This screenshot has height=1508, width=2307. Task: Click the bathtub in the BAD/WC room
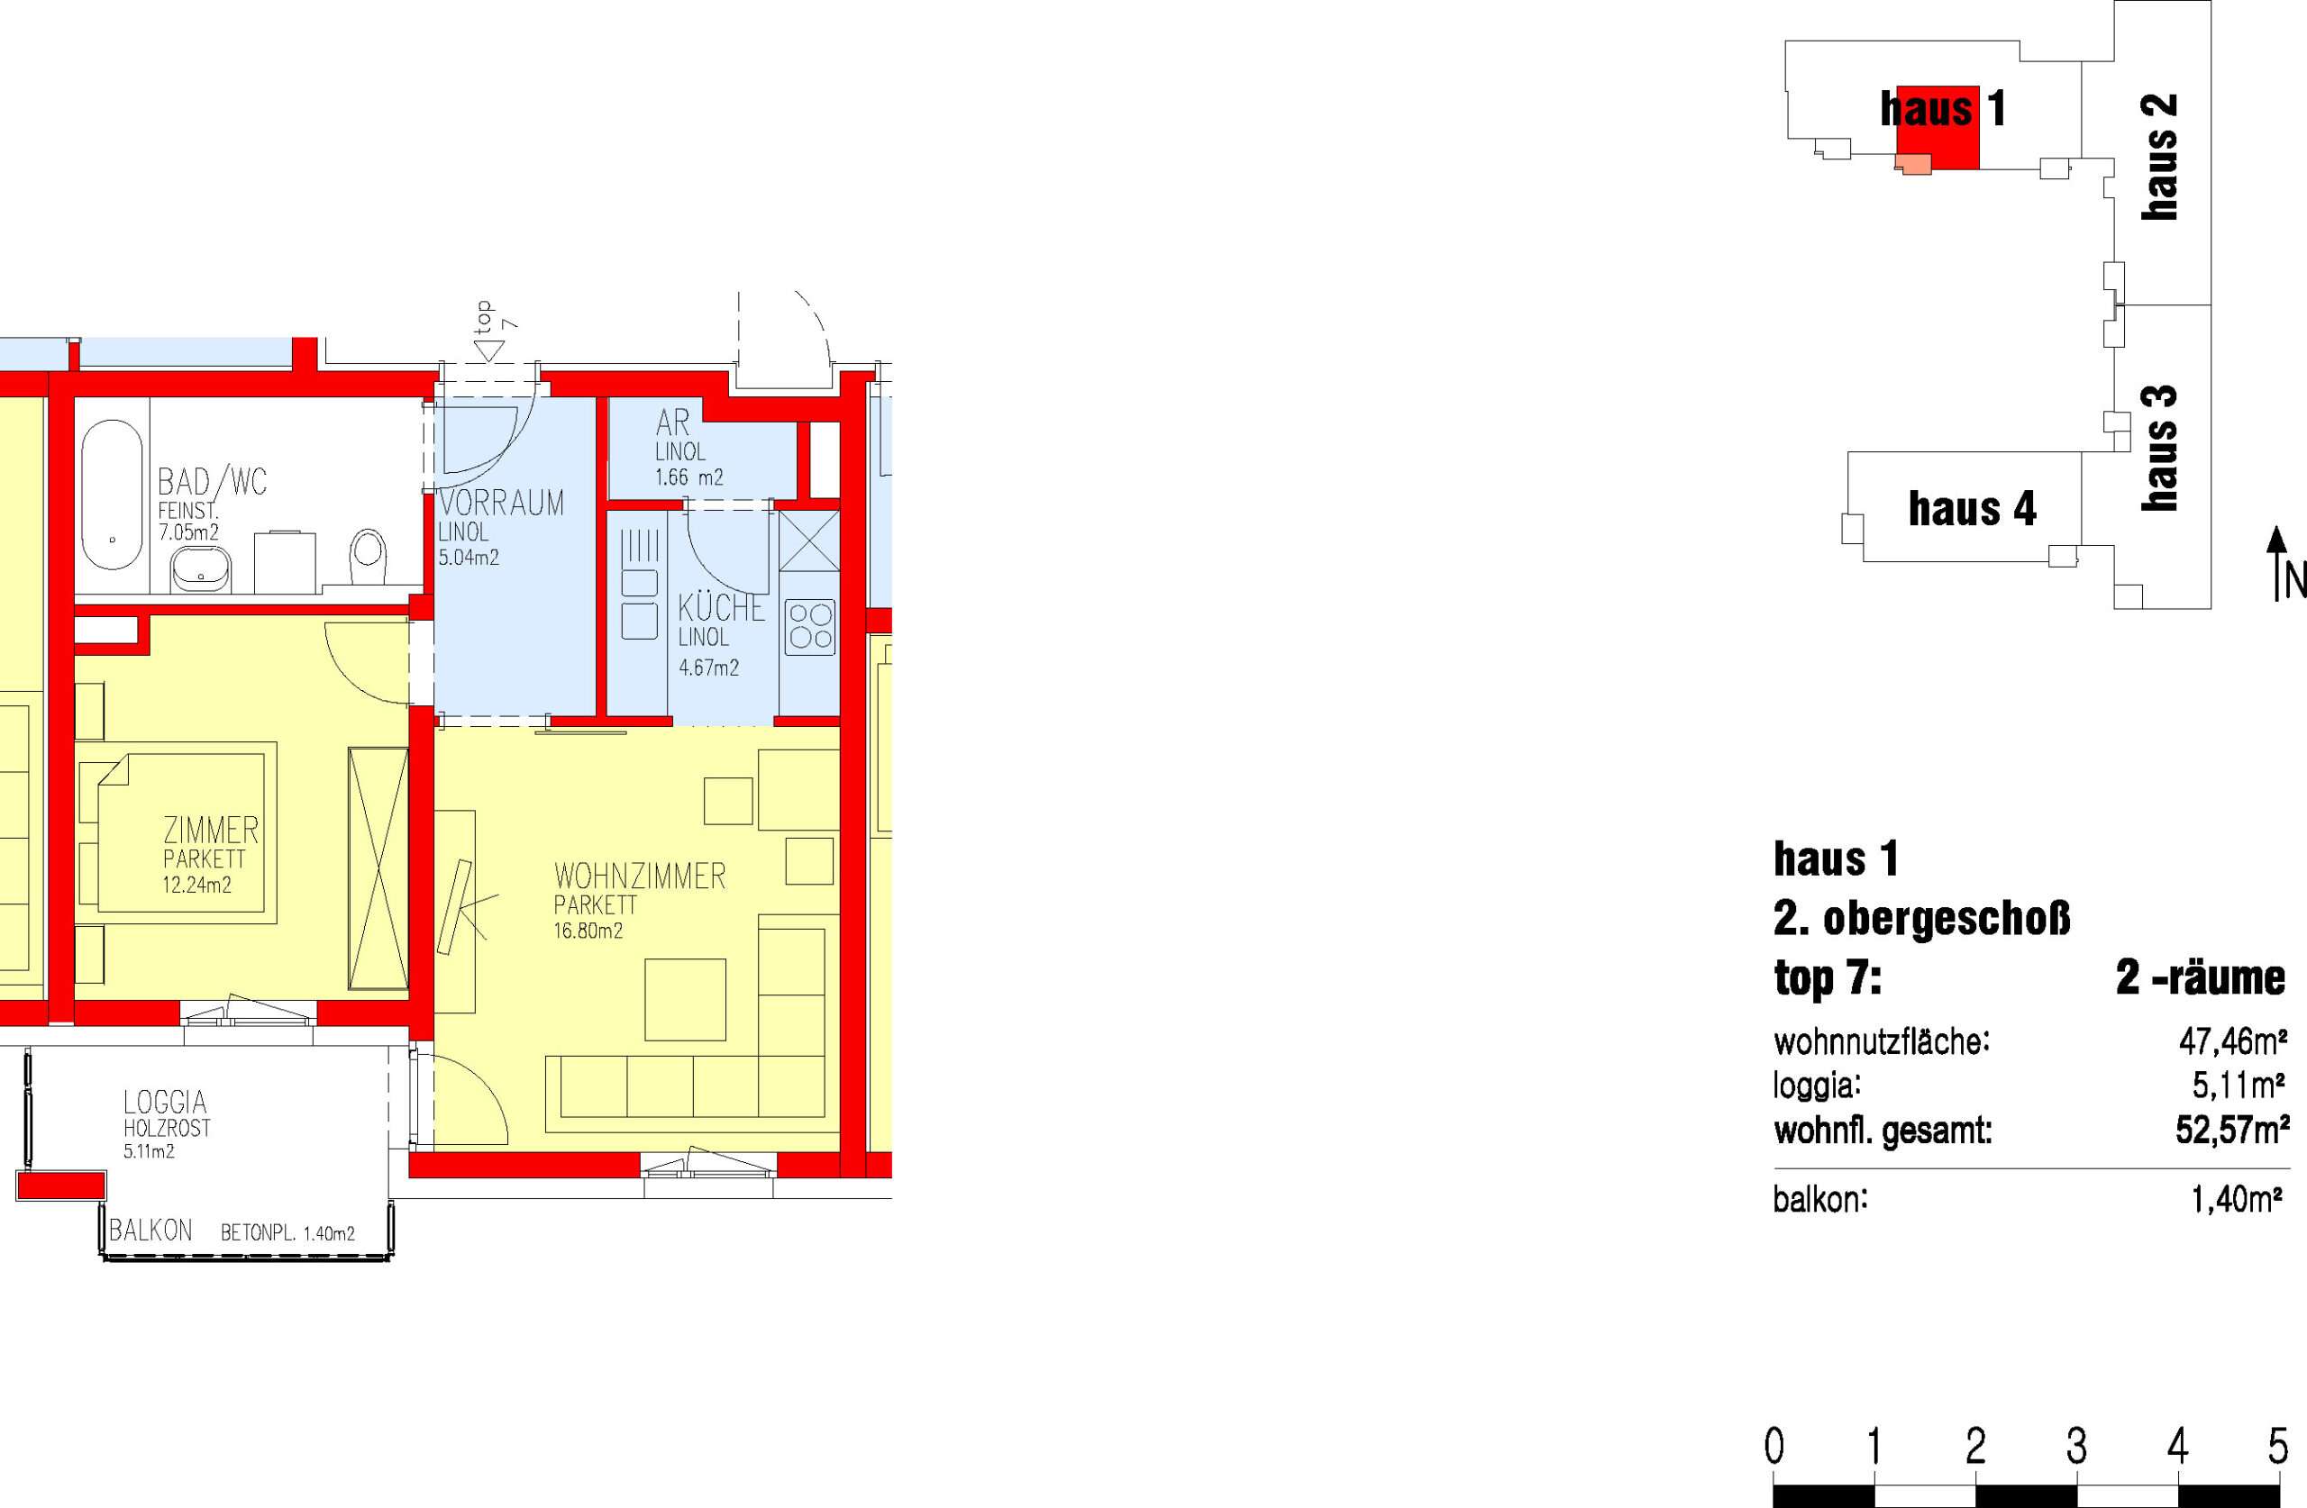point(112,495)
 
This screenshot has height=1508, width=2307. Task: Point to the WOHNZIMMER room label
point(640,877)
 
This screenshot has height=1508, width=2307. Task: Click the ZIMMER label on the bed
point(210,831)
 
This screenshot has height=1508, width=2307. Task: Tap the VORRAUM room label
point(501,503)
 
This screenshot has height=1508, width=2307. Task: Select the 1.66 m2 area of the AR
point(689,477)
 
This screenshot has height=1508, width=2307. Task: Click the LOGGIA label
point(165,1102)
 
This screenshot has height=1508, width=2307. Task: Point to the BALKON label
point(150,1231)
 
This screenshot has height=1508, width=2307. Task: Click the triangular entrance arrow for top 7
point(490,350)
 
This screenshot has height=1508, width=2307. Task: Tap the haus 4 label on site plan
point(1972,509)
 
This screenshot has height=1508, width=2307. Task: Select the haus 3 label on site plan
point(2161,448)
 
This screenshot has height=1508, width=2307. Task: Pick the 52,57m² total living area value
point(2232,1130)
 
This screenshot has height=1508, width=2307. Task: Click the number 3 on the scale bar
point(2076,1447)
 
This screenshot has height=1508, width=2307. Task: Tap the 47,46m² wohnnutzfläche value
point(2233,1042)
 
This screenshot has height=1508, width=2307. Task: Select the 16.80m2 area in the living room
point(588,931)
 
